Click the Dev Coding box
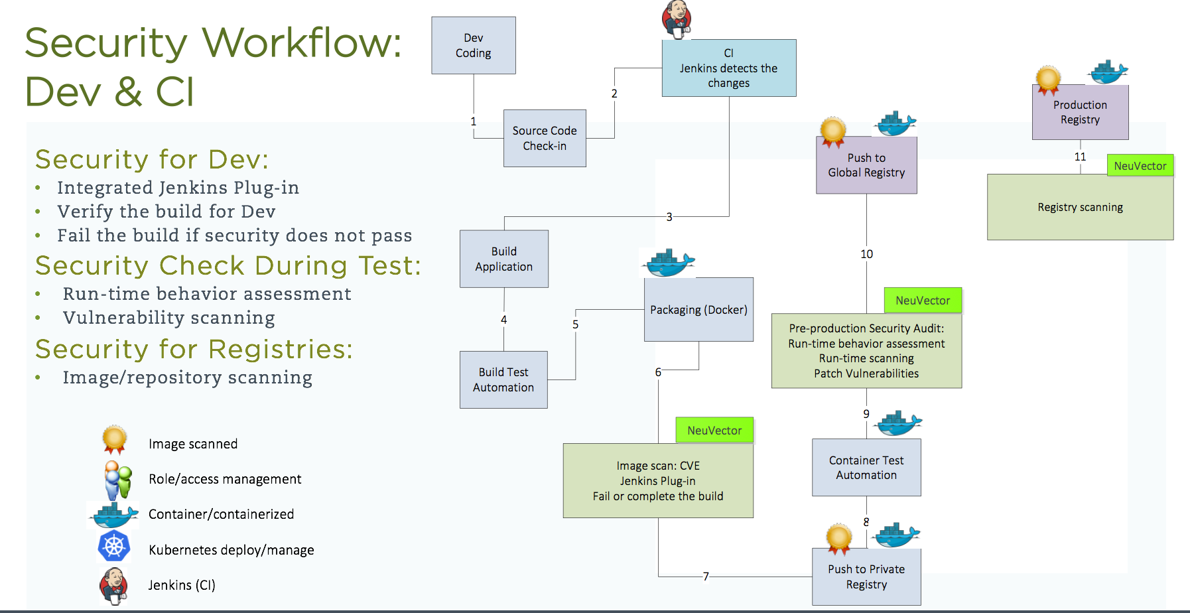pos(473,45)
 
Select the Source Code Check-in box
pos(545,138)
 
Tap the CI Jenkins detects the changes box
pos(728,68)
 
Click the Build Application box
pos(503,259)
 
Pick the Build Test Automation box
pos(503,379)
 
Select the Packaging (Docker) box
pos(698,309)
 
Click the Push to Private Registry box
pos(866,577)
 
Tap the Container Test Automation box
pos(866,467)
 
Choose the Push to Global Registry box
pos(866,165)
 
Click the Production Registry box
pos(1080,112)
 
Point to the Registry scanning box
pos(1080,207)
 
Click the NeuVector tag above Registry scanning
pos(1140,166)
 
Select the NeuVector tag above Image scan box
pos(714,430)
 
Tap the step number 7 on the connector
pos(706,577)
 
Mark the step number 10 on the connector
pos(866,254)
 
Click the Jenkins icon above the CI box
pos(677,18)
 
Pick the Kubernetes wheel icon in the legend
pos(114,547)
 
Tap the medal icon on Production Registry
pos(1048,80)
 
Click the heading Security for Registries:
pos(194,349)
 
